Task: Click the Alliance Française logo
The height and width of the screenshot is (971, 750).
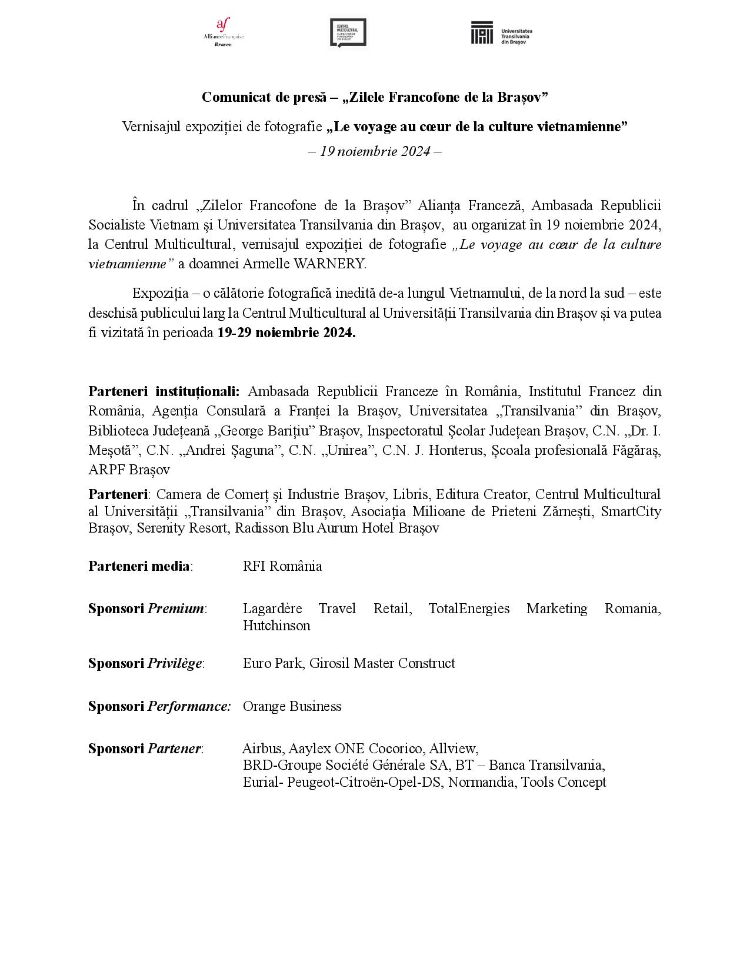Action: tap(224, 32)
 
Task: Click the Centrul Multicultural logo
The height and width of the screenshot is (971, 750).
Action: tap(348, 32)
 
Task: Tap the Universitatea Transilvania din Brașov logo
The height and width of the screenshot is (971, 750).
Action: tap(501, 33)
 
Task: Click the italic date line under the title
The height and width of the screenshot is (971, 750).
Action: tap(375, 151)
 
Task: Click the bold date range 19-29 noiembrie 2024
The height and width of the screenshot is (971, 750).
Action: tap(286, 332)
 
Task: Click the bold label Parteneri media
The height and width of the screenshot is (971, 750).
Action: tap(139, 566)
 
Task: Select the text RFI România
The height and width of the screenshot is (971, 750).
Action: tap(282, 566)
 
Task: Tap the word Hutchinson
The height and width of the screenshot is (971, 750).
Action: tap(276, 626)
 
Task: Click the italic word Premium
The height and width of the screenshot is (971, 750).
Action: tap(176, 608)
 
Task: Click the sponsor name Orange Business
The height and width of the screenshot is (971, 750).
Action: tap(292, 706)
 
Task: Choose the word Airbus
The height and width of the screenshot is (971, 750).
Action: tap(262, 749)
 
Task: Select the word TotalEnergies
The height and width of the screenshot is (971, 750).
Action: tap(469, 608)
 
